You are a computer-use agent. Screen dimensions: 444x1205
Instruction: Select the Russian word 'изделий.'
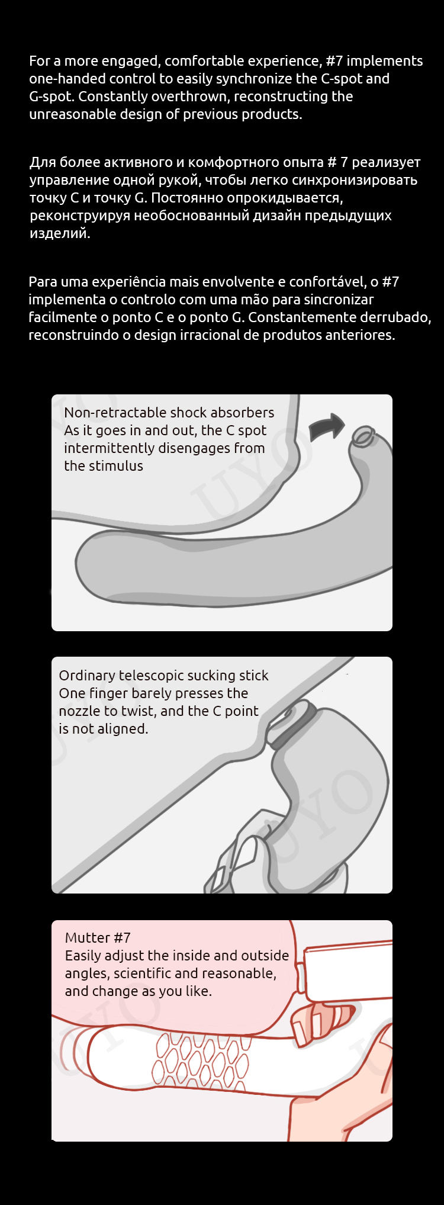[x=60, y=234]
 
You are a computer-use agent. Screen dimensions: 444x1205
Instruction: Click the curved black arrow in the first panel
[x=326, y=426]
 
